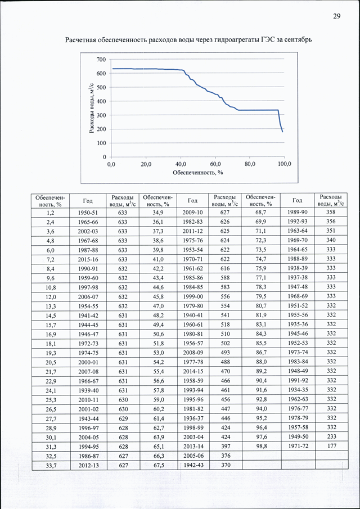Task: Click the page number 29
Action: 336,16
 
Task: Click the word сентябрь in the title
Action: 298,40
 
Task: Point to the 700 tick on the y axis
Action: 102,60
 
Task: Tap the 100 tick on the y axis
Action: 102,143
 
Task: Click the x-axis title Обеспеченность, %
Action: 197,172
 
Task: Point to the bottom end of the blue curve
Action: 283,132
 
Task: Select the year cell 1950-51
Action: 88,213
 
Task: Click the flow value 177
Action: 331,447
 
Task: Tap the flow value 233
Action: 331,437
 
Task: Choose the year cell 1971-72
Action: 298,447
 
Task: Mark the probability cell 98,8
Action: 260,447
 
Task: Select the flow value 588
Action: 225,278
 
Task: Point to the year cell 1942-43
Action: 193,465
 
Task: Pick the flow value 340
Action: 331,241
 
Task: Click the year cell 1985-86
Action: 193,278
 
